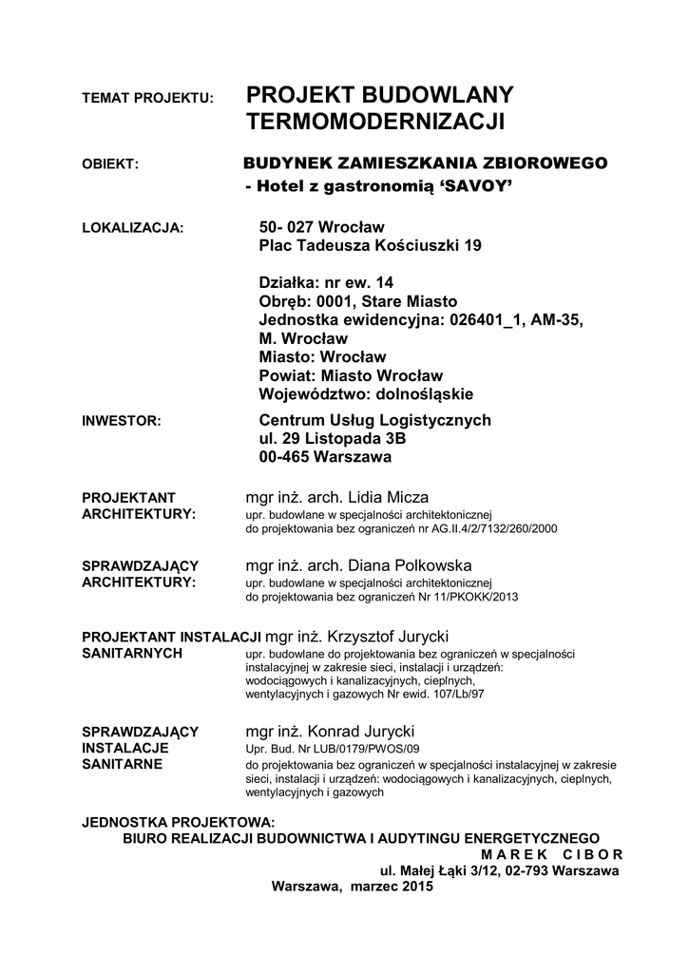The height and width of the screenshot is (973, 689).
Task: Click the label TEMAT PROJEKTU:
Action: coord(149,99)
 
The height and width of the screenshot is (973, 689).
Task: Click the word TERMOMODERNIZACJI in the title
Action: coord(375,122)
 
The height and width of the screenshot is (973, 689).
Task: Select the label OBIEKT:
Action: coord(111,164)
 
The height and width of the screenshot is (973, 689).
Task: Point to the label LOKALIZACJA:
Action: coord(133,228)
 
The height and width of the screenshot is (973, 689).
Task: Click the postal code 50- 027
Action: coord(287,227)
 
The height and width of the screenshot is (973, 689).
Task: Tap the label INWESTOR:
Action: coord(123,420)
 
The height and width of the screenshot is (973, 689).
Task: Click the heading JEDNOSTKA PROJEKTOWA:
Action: coord(179,822)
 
